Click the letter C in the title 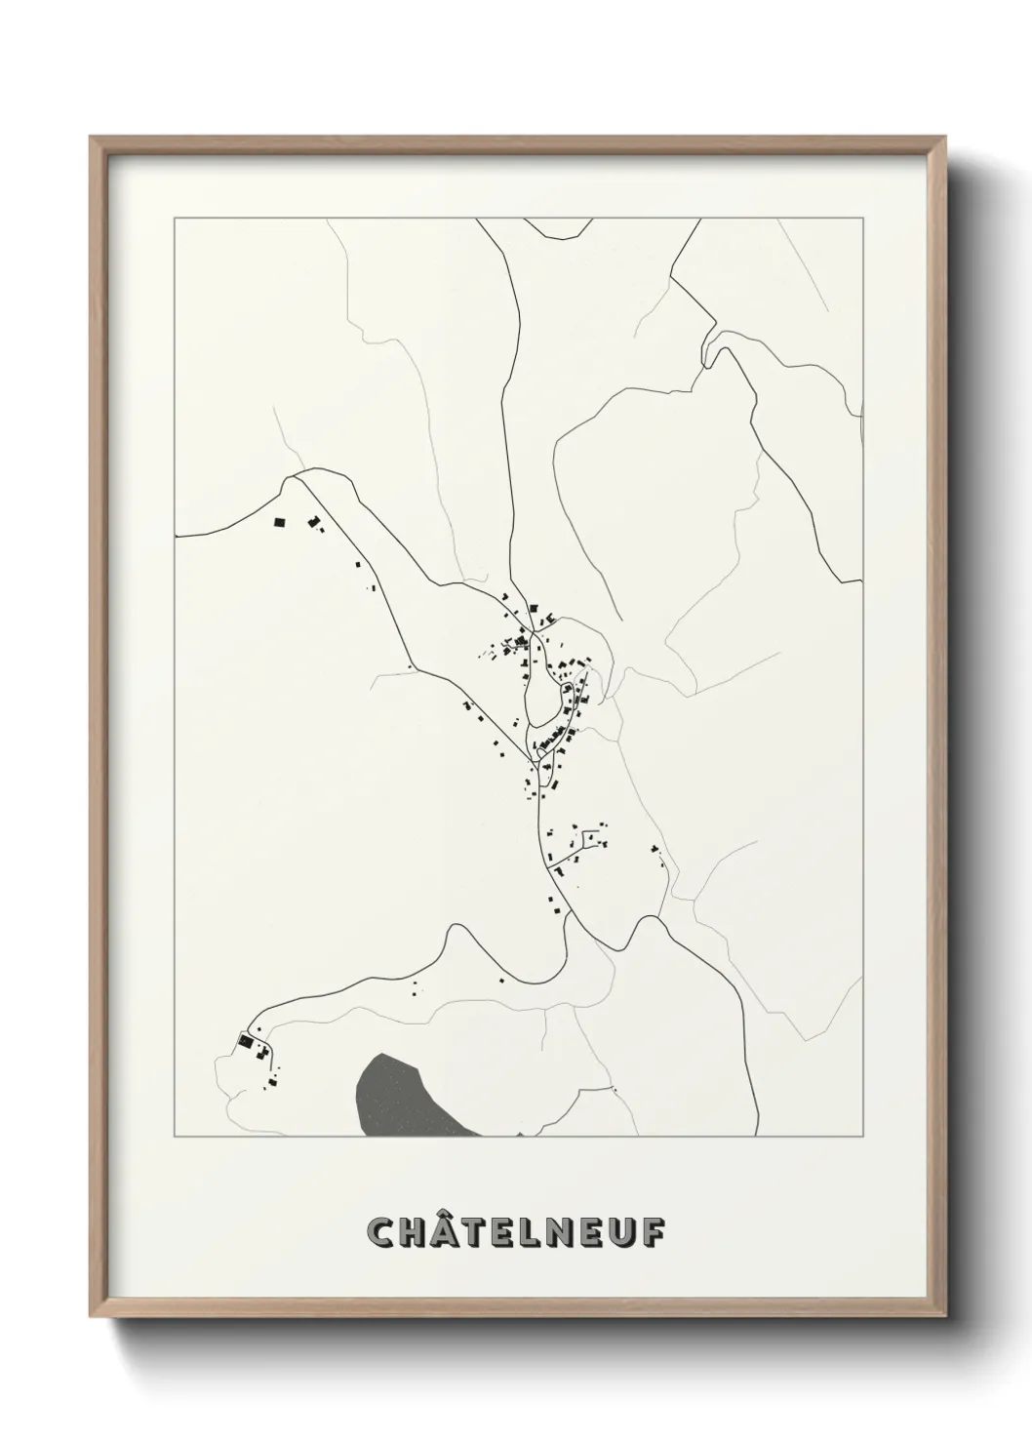pyautogui.click(x=380, y=1232)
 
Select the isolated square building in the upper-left pyautogui.click(x=280, y=523)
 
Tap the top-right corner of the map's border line pyautogui.click(x=863, y=219)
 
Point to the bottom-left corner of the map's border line pyautogui.click(x=174, y=1137)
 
